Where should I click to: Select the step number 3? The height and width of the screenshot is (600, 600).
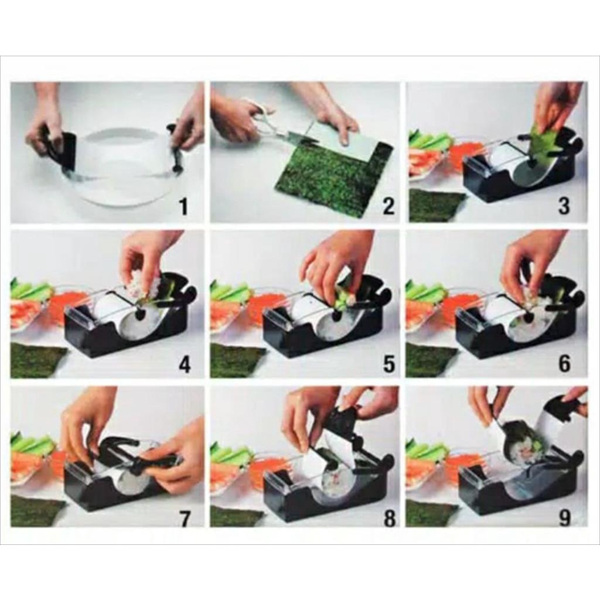(x=564, y=206)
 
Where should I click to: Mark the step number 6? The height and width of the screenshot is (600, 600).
(x=564, y=363)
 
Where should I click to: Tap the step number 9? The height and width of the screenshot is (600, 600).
(x=564, y=517)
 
